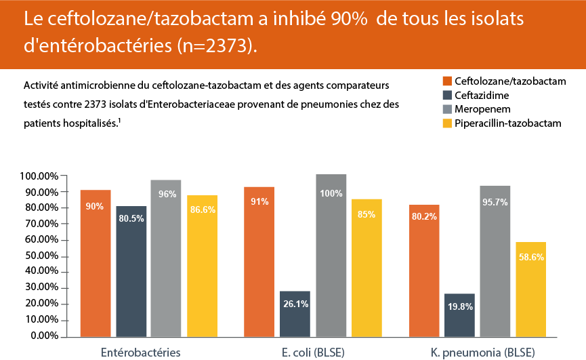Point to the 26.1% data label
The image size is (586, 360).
pyautogui.click(x=295, y=304)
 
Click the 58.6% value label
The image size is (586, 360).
pyautogui.click(x=530, y=257)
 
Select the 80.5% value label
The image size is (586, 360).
pyautogui.click(x=131, y=219)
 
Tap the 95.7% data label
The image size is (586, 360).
pyautogui.click(x=495, y=202)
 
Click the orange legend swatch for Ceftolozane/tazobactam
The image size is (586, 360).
pyautogui.click(x=446, y=81)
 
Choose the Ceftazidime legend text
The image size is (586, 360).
pyautogui.click(x=482, y=96)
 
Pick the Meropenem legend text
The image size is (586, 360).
pyautogui.click(x=482, y=109)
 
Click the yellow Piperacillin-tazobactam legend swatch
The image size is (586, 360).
pyautogui.click(x=446, y=123)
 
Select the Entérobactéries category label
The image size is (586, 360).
pyautogui.click(x=140, y=353)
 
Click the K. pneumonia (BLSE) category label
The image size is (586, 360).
pyautogui.click(x=482, y=353)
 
